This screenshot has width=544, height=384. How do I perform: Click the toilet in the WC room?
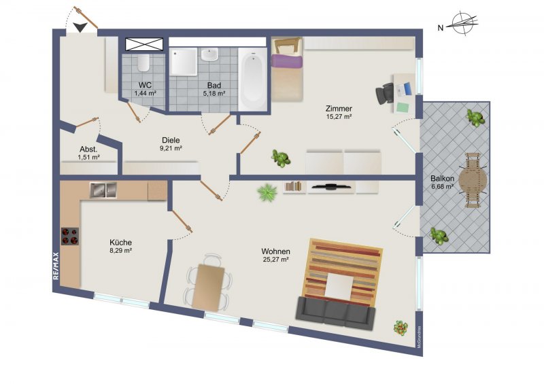143,62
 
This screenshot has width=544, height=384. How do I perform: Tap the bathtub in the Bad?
252,79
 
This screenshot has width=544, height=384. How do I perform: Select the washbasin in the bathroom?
209,54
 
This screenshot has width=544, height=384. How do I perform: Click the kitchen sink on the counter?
103,190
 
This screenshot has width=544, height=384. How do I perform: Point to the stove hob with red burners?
70,237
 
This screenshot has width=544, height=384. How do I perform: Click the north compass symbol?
462,24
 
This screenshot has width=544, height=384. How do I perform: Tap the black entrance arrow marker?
80,27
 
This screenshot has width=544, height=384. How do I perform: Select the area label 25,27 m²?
276,259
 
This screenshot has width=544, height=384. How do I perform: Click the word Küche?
120,243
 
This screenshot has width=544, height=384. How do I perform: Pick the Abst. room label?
88,150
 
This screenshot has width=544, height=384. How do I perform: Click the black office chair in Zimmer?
384,93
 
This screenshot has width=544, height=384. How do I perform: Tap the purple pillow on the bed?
287,61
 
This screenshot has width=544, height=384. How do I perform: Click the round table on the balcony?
472,180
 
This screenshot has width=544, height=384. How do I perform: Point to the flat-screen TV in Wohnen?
330,187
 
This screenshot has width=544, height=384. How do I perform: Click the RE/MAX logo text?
56,266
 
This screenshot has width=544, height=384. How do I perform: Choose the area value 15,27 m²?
339,117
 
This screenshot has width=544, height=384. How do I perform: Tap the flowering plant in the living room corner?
401,328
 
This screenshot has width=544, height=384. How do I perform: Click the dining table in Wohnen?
208,288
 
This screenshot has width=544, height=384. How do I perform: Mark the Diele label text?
171,140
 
